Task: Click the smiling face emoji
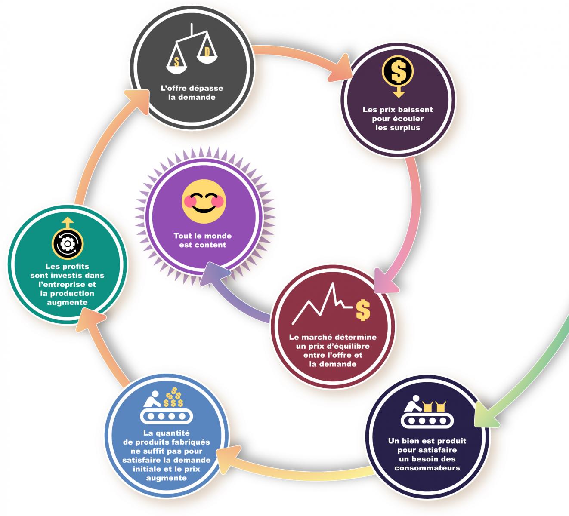204,201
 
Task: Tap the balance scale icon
192,49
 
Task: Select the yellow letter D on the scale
207,52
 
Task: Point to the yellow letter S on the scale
176,62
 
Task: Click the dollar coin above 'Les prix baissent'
398,71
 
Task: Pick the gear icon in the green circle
68,244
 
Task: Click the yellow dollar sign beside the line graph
363,310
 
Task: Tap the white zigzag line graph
322,304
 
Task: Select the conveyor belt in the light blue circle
167,416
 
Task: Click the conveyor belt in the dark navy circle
427,421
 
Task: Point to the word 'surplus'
405,128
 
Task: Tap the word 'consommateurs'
427,468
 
